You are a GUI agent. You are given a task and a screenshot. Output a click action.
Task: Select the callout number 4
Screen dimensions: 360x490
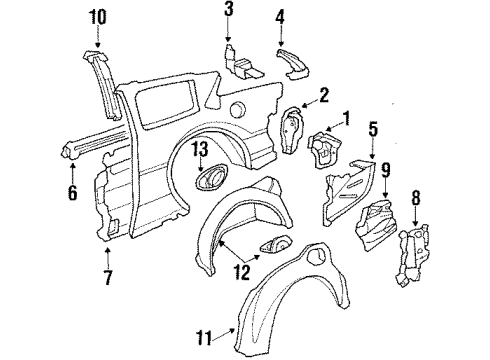pos(280,16)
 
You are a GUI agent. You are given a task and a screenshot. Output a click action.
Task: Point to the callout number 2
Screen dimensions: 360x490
pos(323,95)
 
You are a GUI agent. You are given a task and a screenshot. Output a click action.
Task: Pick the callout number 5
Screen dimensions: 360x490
pos(372,129)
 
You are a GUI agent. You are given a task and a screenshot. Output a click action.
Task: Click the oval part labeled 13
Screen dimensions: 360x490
pos(212,179)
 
